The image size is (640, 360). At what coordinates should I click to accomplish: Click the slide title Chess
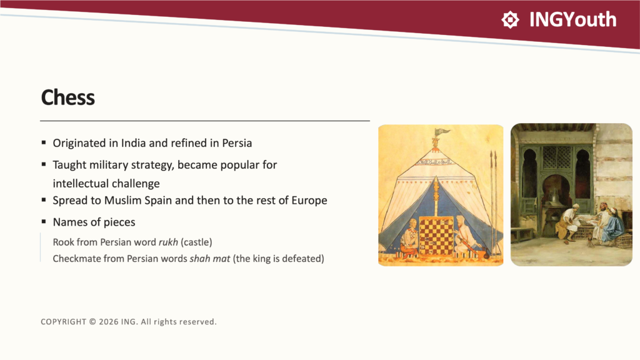[x=67, y=97]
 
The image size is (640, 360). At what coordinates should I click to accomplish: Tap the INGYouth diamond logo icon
[x=510, y=19]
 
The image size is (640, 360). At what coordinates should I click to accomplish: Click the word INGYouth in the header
[x=572, y=19]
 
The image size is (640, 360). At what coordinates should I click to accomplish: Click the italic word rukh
[x=168, y=242]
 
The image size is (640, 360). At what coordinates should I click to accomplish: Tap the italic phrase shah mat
[x=210, y=259]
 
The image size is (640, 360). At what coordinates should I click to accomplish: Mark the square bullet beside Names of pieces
[x=44, y=222]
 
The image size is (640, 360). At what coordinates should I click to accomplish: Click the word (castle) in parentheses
[x=197, y=242]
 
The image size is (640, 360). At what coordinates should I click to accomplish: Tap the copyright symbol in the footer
[x=92, y=322]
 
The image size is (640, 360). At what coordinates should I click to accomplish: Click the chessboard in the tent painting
[x=436, y=236]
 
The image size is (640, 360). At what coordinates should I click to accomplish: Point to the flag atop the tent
[x=442, y=132]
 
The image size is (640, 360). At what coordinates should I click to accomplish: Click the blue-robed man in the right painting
[x=614, y=225]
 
